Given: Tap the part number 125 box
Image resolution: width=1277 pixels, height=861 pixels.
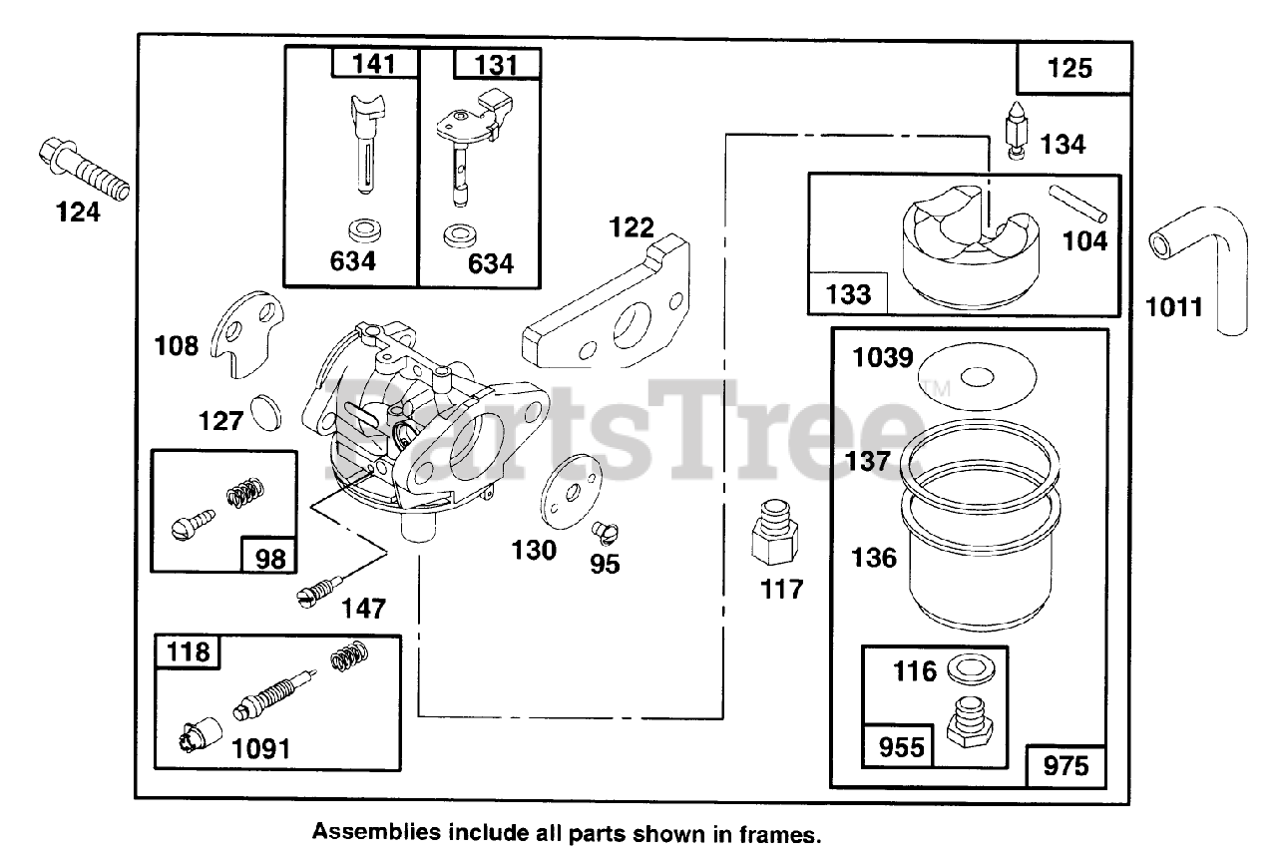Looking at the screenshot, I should point(1071,68).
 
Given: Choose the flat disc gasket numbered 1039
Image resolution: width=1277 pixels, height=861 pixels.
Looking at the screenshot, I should point(979,375).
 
